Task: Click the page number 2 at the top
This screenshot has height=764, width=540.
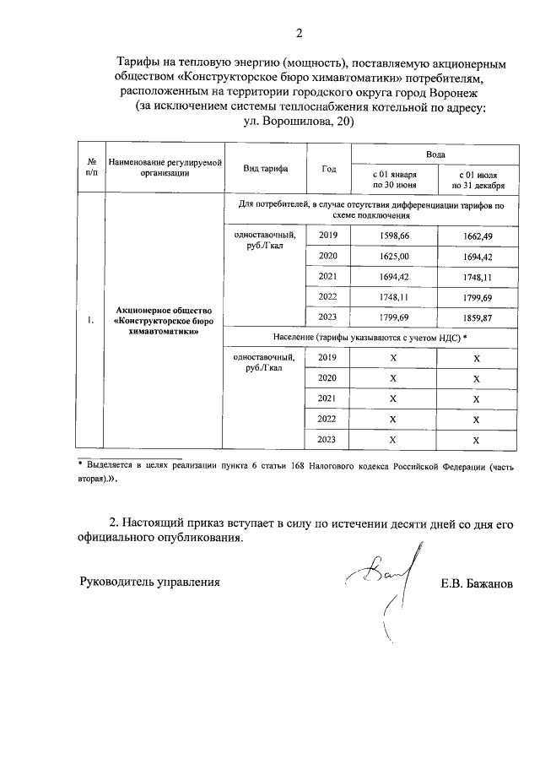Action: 298,34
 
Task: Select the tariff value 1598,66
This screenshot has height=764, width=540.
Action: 392,237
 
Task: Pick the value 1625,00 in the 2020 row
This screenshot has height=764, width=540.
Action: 392,257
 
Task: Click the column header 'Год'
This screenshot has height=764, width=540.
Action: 328,169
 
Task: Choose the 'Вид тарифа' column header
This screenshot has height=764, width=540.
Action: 265,169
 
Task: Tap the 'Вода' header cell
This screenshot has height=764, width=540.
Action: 434,154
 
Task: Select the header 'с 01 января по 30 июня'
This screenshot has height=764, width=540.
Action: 392,179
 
